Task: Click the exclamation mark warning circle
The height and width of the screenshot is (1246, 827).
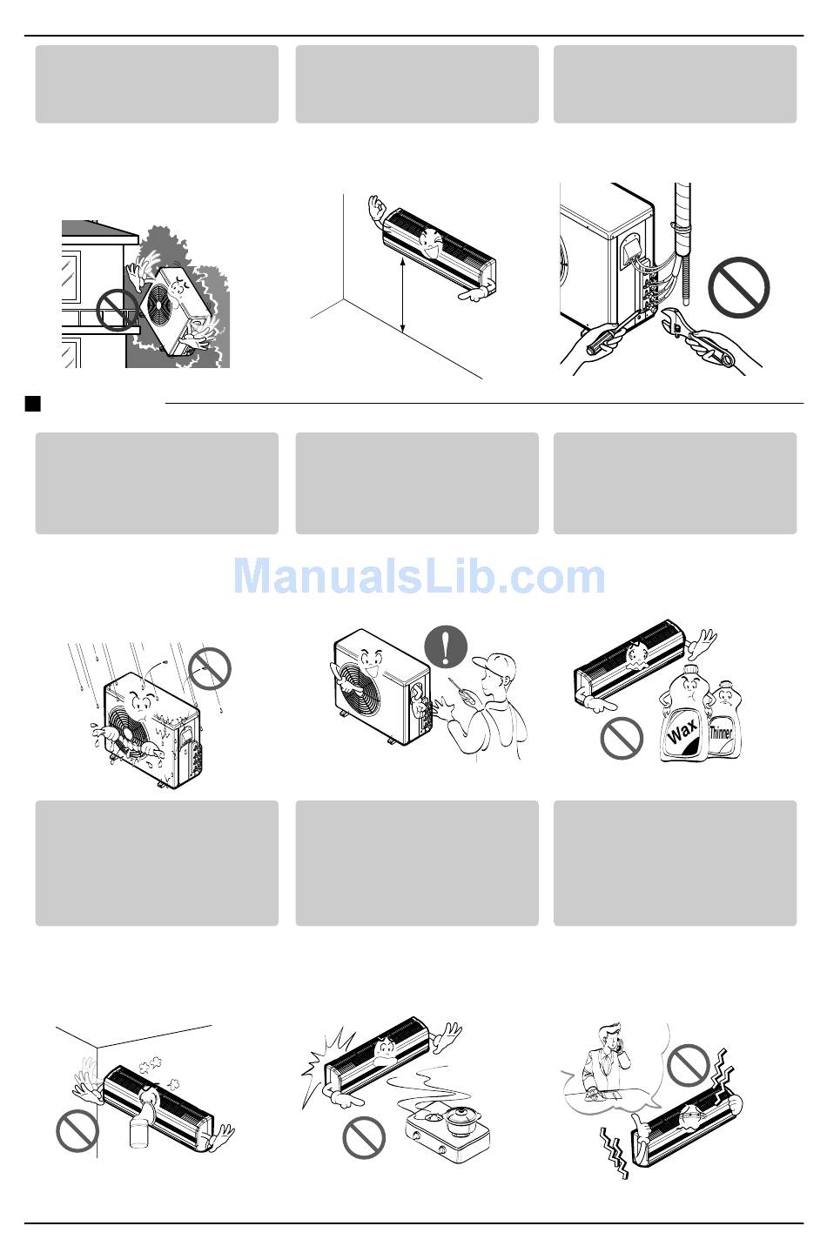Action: pyautogui.click(x=445, y=646)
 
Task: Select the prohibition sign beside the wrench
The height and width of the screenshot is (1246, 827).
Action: pyautogui.click(x=738, y=288)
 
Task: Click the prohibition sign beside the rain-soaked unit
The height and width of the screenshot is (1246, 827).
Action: pyautogui.click(x=210, y=668)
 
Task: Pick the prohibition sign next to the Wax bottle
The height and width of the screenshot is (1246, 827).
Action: pyautogui.click(x=622, y=738)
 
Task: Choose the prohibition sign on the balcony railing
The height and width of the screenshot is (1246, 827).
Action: pyautogui.click(x=117, y=311)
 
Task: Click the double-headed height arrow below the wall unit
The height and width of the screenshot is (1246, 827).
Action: pyautogui.click(x=402, y=295)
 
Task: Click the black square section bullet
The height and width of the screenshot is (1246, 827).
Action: pyautogui.click(x=33, y=403)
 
